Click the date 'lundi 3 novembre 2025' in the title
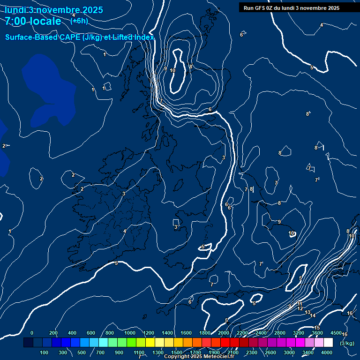54,10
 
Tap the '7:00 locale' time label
33,21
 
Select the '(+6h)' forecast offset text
79,21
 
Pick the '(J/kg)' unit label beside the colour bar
347,343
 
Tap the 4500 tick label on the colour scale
336,333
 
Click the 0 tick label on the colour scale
32,333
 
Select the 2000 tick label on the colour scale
224,333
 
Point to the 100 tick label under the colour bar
45,352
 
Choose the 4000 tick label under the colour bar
327,352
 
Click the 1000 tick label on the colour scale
130,333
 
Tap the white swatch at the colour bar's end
328,343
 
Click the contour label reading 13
307,312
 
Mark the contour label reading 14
313,315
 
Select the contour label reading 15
317,328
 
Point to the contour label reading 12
300,308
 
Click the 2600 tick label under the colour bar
270,352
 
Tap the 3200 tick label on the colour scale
299,333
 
